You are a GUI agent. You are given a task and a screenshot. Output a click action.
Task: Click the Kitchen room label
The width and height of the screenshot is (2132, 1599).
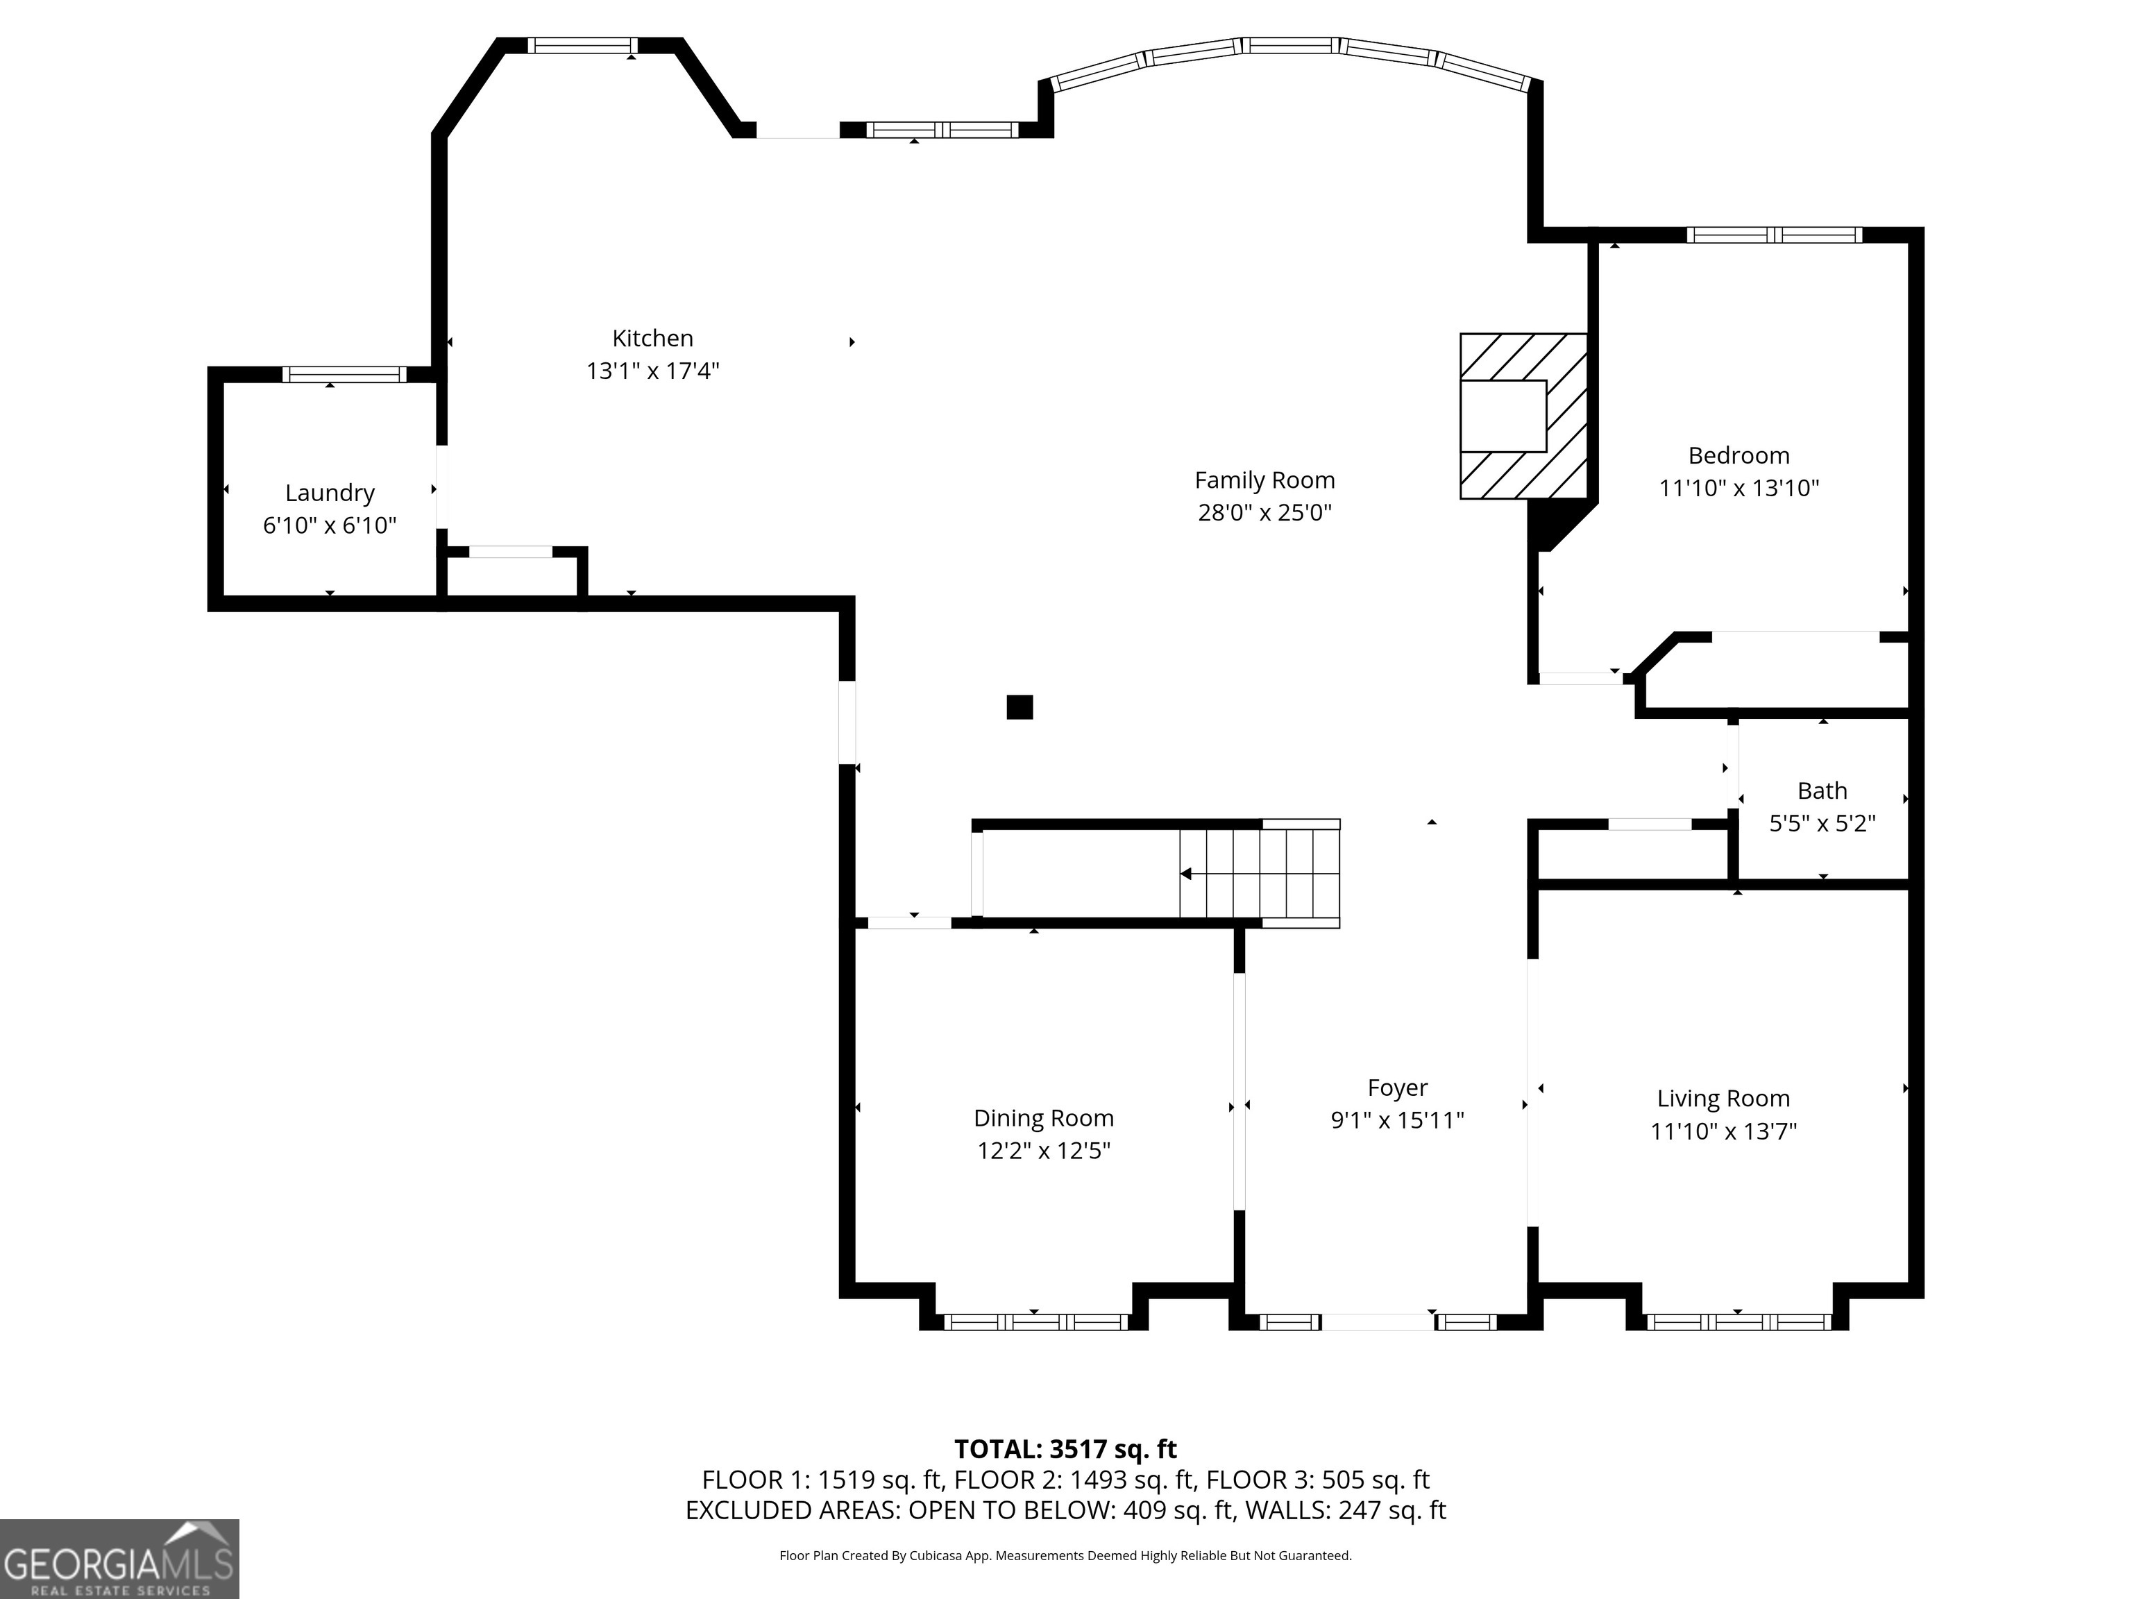coord(652,338)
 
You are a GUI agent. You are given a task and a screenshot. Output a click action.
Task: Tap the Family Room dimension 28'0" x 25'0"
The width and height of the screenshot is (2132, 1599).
coord(1264,513)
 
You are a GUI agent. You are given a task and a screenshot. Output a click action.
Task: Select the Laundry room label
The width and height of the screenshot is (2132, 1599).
coord(330,493)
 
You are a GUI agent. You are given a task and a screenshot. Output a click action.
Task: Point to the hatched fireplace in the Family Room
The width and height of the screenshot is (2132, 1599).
coord(1523,416)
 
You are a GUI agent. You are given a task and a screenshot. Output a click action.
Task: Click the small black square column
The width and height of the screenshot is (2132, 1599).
coord(1020,707)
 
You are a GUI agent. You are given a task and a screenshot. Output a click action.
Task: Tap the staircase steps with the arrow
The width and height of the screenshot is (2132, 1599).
coord(1259,874)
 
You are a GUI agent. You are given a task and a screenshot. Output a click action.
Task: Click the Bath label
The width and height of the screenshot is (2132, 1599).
coord(1822,791)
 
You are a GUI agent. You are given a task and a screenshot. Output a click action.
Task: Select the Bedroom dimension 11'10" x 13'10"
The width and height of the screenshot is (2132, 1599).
coord(1738,489)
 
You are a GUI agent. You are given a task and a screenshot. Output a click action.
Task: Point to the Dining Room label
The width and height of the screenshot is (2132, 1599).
coord(1043,1118)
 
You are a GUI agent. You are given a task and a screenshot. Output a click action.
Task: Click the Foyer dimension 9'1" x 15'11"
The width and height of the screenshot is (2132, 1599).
coord(1396,1120)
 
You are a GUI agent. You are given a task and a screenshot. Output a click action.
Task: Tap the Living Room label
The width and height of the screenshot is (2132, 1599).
coord(1723,1099)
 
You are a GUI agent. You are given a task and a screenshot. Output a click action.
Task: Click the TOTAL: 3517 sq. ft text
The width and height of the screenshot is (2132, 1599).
coord(1065,1450)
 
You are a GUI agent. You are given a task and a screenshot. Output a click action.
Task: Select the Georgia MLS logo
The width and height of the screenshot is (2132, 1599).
coord(119,1559)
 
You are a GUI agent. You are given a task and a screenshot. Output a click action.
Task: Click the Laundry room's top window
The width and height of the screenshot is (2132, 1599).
coord(344,375)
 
